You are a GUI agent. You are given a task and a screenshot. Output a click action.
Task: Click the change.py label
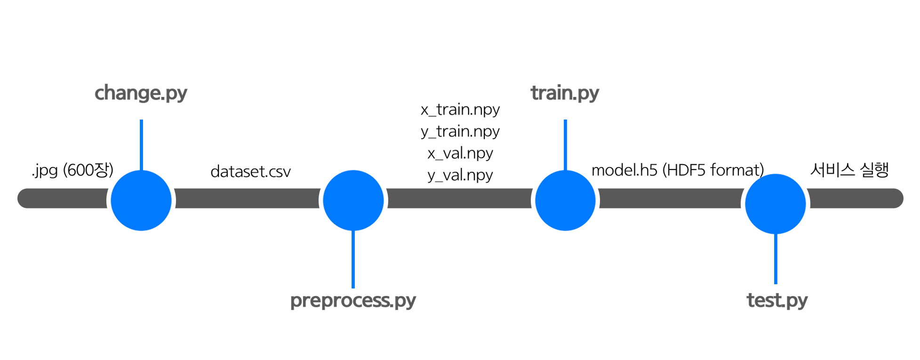[141, 93]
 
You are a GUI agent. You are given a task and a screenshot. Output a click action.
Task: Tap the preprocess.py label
[353, 300]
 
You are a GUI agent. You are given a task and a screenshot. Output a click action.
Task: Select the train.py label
[565, 93]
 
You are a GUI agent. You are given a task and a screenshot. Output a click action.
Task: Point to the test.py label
[777, 300]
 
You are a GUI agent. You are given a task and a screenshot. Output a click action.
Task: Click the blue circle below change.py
[141, 200]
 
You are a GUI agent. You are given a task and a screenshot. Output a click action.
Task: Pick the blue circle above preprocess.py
[353, 200]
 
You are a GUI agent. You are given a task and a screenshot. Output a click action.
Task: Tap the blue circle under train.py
[565, 200]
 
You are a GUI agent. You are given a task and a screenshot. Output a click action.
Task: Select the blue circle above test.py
[776, 204]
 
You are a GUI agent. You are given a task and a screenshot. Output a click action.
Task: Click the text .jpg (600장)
[73, 170]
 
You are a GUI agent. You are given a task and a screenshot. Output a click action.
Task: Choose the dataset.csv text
[250, 172]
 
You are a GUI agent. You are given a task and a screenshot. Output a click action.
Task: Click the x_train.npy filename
[460, 110]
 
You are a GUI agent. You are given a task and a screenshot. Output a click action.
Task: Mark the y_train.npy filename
[460, 131]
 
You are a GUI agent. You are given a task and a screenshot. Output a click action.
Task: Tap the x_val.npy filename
[460, 153]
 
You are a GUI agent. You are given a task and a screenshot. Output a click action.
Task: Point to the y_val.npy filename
[460, 175]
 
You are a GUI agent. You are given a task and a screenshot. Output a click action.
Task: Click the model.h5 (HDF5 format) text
[678, 170]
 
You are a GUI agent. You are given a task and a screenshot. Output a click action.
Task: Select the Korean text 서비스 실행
[849, 170]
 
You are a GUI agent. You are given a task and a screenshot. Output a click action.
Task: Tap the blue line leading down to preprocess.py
[353, 259]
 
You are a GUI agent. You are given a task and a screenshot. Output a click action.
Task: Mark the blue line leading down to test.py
[776, 259]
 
